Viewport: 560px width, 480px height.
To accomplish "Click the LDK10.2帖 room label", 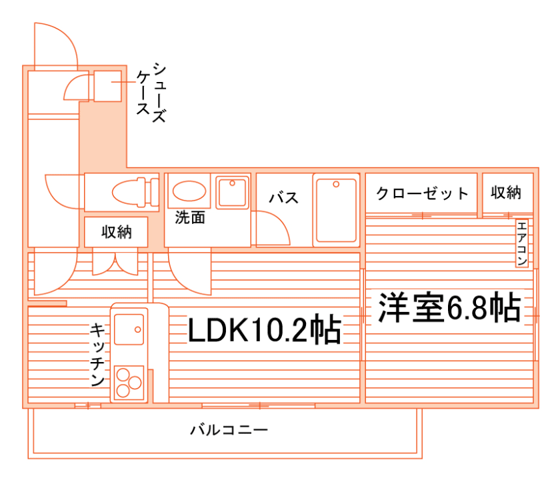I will [264, 329].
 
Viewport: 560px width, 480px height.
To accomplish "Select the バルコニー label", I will [229, 430].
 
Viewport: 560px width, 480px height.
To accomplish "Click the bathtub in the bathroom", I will [336, 209].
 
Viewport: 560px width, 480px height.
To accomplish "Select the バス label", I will [283, 198].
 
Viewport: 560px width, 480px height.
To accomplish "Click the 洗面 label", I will [190, 218].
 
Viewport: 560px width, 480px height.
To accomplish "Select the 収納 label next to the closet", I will [506, 193].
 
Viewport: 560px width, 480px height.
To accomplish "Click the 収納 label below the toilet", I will [116, 232].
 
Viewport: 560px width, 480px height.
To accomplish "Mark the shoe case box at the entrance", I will [106, 85].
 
